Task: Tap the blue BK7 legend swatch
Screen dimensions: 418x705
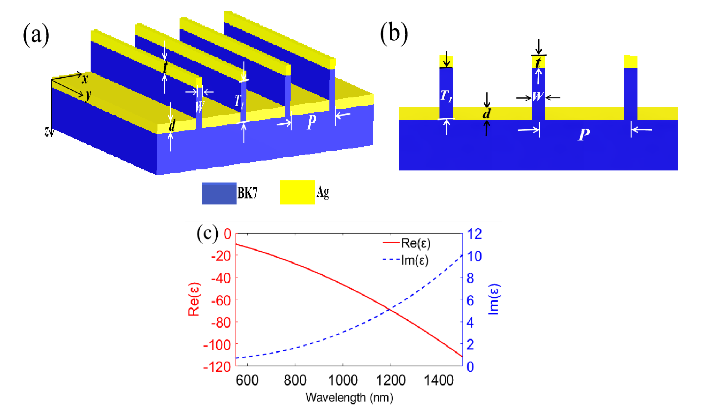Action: coord(219,193)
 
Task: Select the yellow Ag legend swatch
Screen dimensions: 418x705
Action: coord(297,192)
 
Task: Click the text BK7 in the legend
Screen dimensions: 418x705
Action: coord(247,193)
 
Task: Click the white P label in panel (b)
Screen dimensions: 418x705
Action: coord(584,134)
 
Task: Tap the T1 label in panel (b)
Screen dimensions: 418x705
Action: coord(446,96)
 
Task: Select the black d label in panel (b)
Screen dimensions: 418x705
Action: coord(486,113)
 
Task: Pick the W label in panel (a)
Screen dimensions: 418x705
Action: coord(200,106)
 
